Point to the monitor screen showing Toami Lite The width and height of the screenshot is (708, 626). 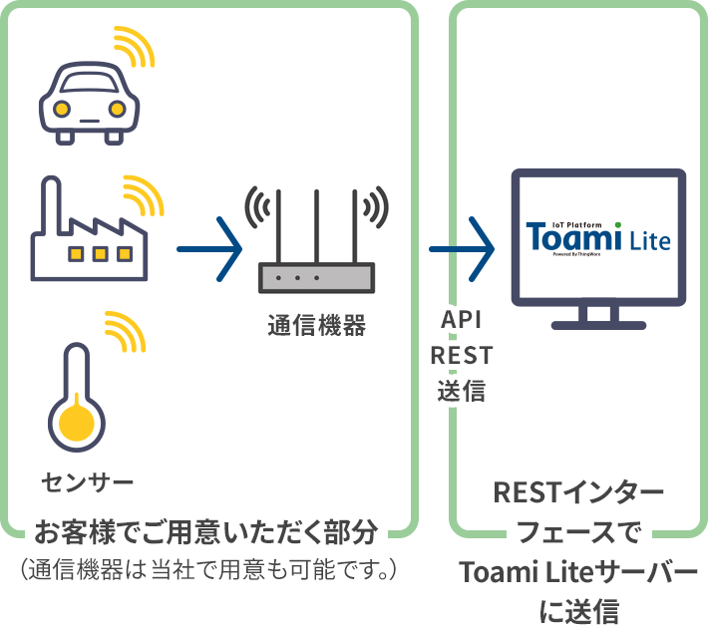point(598,239)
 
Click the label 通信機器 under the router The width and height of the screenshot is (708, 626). point(316,324)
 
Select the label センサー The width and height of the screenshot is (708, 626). point(87,483)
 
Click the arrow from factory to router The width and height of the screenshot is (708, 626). point(209,248)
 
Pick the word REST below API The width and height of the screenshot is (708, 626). point(462,354)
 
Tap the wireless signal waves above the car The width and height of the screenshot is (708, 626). point(134,45)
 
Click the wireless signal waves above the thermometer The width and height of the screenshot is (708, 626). point(126,330)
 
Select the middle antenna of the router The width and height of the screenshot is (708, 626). point(316,224)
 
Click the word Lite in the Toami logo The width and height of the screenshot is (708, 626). point(649,240)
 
